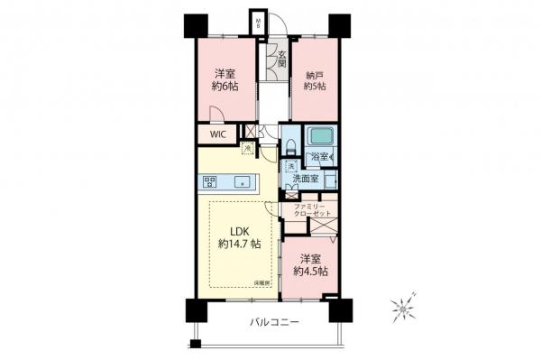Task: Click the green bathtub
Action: coord(320,138)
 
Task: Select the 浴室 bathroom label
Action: coord(318,157)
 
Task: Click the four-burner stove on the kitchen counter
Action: coord(209,181)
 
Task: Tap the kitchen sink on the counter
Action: coord(241,181)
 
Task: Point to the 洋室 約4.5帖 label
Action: coord(310,263)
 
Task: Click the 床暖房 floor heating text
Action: coord(262,283)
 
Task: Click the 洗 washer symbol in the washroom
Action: coord(290,167)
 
